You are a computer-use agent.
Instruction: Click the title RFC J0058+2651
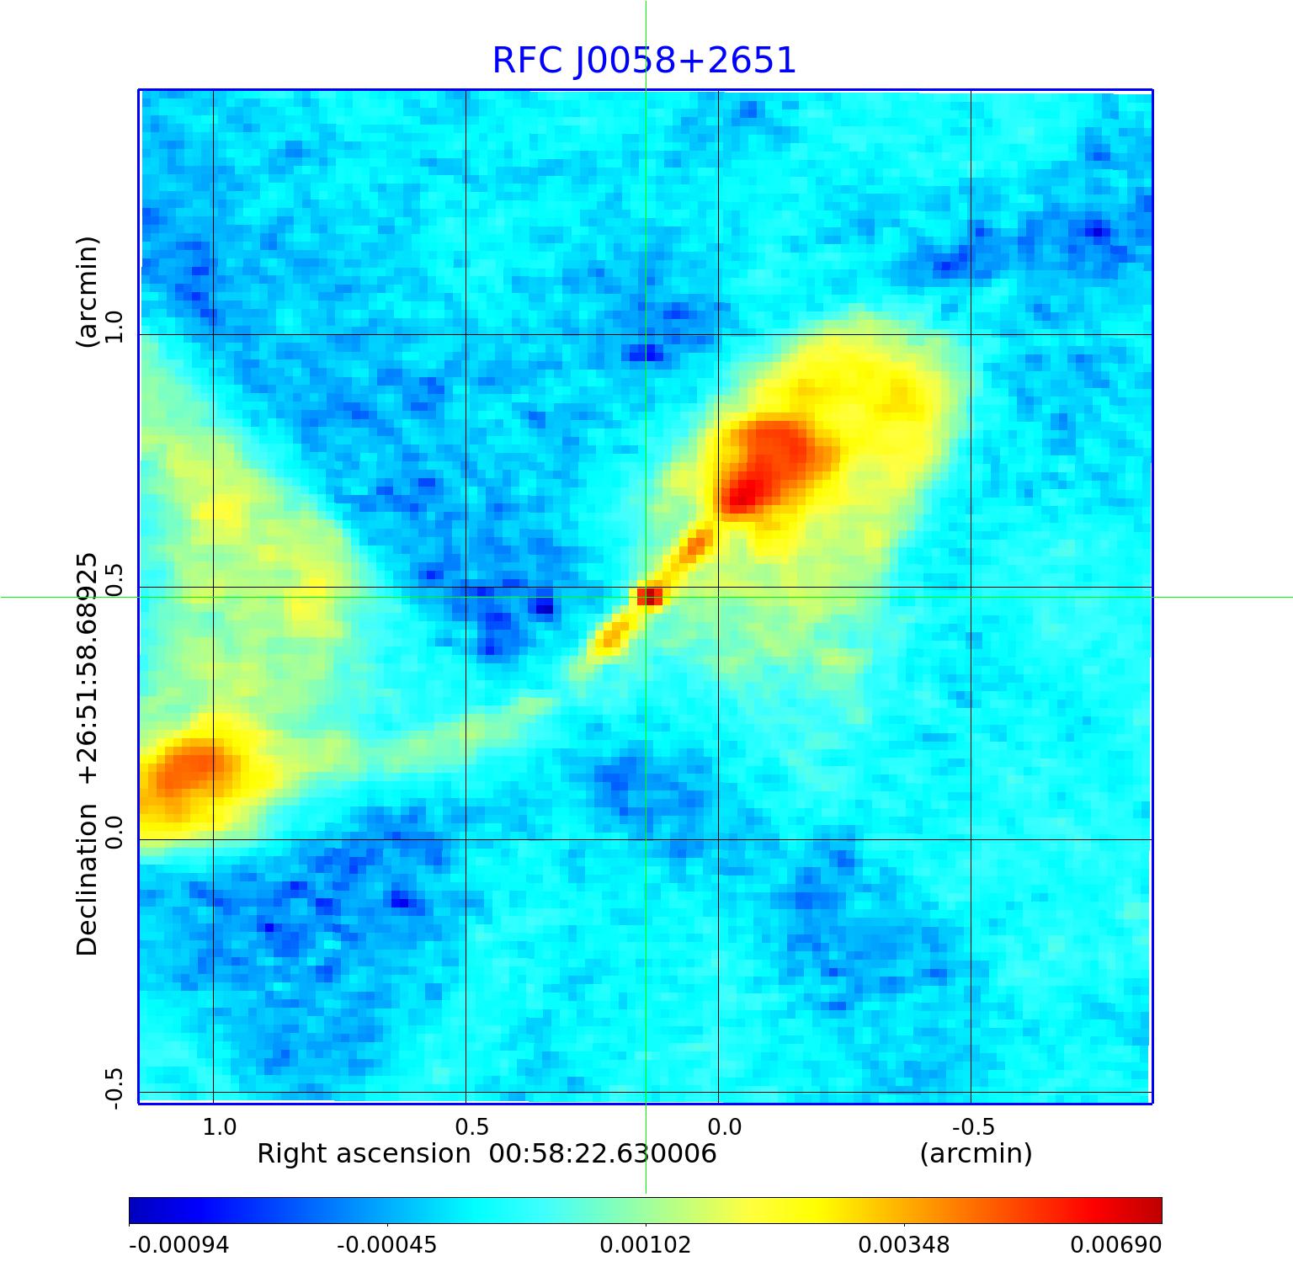point(644,61)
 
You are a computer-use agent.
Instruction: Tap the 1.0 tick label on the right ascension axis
point(220,1126)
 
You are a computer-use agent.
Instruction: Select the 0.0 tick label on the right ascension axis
point(724,1126)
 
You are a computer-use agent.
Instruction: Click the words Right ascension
point(364,1153)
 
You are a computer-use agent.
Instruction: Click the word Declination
point(88,880)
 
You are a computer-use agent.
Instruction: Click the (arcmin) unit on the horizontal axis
point(976,1153)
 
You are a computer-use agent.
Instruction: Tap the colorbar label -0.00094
point(178,1245)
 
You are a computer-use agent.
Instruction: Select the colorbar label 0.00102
point(645,1245)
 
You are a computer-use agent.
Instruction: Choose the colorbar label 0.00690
point(1115,1245)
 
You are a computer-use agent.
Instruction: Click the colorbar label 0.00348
point(903,1245)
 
